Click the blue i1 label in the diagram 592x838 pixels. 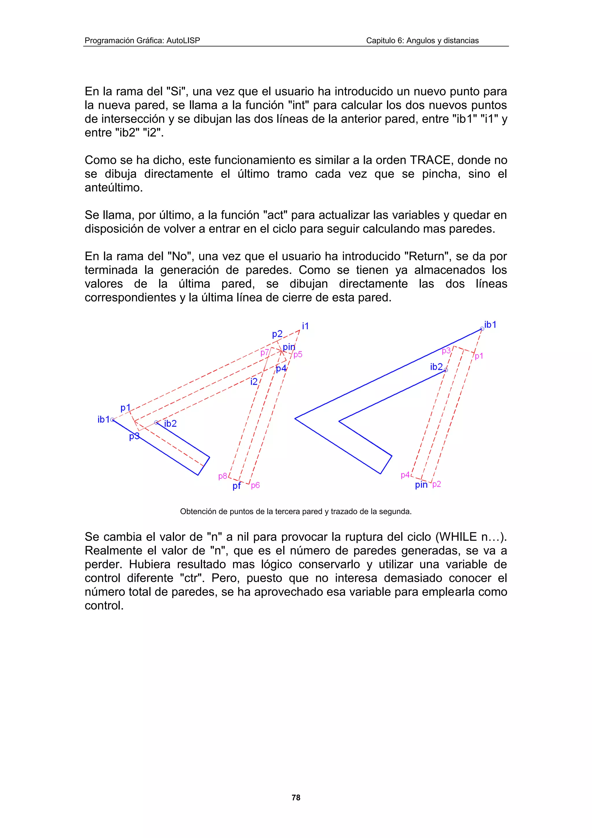[305, 326]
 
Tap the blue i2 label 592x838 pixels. [254, 382]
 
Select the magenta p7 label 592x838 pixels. [264, 352]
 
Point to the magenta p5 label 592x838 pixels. [298, 355]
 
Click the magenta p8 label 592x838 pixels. [223, 476]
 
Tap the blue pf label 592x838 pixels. [237, 486]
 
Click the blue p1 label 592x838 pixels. [125, 408]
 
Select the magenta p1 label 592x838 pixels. [479, 356]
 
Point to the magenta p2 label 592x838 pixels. [436, 484]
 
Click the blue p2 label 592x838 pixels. [277, 334]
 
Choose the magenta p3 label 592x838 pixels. [446, 351]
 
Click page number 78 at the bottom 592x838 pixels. [296, 798]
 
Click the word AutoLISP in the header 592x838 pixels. [183, 41]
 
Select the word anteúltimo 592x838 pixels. [113, 188]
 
